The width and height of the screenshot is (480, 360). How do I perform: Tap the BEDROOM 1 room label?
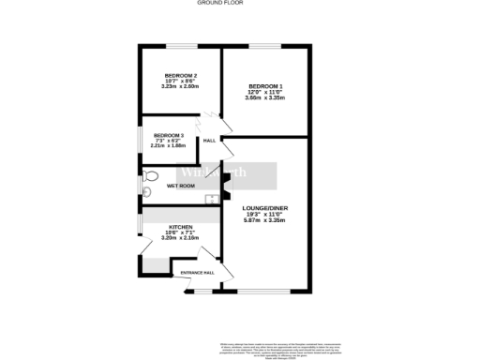(x=265, y=87)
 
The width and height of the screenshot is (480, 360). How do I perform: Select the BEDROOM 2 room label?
(x=180, y=75)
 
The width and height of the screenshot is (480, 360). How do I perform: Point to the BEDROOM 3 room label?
(x=169, y=135)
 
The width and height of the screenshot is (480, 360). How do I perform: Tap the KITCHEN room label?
(x=180, y=228)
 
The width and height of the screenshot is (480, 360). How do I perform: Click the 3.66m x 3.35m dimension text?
(x=265, y=98)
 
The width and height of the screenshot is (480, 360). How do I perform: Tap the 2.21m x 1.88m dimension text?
(x=169, y=146)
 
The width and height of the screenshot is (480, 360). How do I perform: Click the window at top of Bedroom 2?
(x=180, y=46)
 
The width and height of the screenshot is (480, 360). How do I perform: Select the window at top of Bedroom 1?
(x=265, y=46)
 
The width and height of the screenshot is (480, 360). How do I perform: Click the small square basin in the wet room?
(x=214, y=198)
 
